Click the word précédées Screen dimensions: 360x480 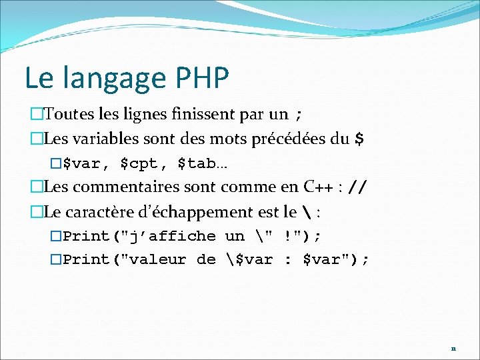(x=290, y=139)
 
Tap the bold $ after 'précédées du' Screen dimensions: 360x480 (x=359, y=139)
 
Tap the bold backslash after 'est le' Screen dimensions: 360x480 (x=305, y=213)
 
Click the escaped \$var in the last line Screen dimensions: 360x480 (x=246, y=259)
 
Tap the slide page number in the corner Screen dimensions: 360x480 (x=453, y=348)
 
